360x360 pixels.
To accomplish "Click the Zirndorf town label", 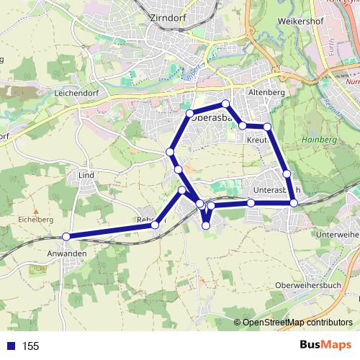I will pos(166,18).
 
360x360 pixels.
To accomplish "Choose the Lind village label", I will pos(86,175).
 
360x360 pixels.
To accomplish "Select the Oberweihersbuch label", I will pos(309,286).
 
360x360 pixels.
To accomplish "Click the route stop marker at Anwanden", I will pos(66,236).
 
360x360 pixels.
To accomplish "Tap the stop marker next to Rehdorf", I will pos(155,225).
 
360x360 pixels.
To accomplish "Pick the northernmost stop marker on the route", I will pos(225,104).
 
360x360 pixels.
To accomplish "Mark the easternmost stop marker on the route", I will pos(294,204).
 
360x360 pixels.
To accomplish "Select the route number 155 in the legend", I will pos(31,346).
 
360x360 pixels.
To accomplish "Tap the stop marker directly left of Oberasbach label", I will pos(190,114).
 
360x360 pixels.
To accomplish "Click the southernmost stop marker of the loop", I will pos(206,225).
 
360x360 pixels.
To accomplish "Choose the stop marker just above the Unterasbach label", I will pos(287,174).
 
